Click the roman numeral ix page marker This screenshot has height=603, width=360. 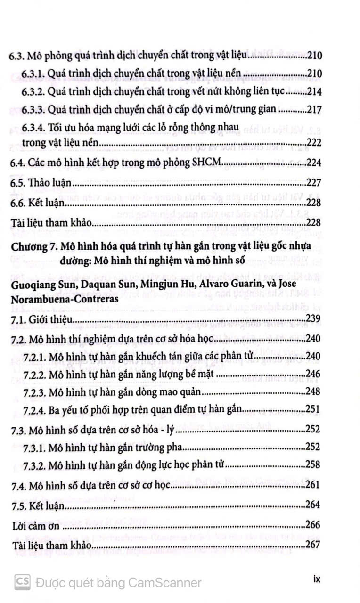[317, 579]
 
